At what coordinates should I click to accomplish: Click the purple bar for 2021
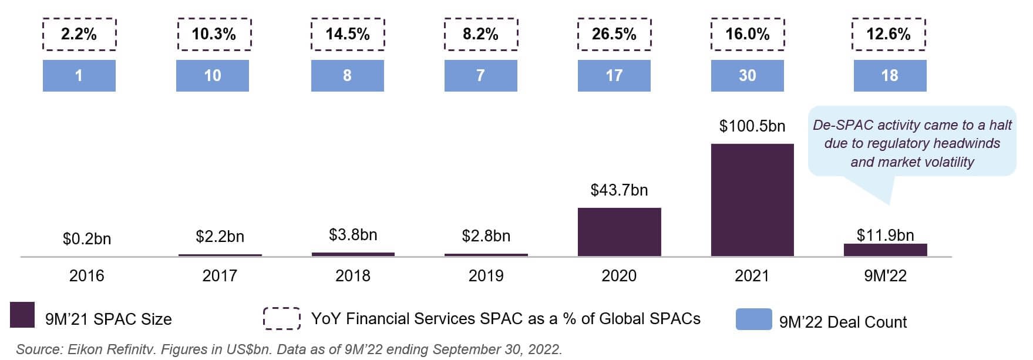pyautogui.click(x=752, y=200)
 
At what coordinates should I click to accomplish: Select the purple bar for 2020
pyautogui.click(x=619, y=232)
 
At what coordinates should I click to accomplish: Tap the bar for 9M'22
pyautogui.click(x=885, y=250)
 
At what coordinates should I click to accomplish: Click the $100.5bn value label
pyautogui.click(x=752, y=126)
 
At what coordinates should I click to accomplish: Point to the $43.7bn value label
pyautogui.click(x=619, y=190)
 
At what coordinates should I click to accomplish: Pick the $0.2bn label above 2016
pyautogui.click(x=87, y=239)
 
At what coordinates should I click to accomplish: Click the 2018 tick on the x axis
pyautogui.click(x=352, y=276)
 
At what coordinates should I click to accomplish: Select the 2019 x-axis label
pyautogui.click(x=486, y=276)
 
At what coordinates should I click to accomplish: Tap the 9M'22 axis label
pyautogui.click(x=885, y=276)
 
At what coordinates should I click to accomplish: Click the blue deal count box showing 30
pyautogui.click(x=747, y=76)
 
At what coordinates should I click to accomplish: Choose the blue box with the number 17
pyautogui.click(x=614, y=76)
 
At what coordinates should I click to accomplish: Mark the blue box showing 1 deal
pyautogui.click(x=79, y=76)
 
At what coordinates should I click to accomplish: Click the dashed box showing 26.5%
pyautogui.click(x=614, y=34)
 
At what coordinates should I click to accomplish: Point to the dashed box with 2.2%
pyautogui.click(x=79, y=34)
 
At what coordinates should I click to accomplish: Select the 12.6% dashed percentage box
pyautogui.click(x=889, y=34)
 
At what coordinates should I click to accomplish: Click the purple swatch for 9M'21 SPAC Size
pyautogui.click(x=22, y=315)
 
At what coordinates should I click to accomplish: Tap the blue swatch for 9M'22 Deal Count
pyautogui.click(x=753, y=319)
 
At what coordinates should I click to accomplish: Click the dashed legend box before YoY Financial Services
pyautogui.click(x=282, y=318)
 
